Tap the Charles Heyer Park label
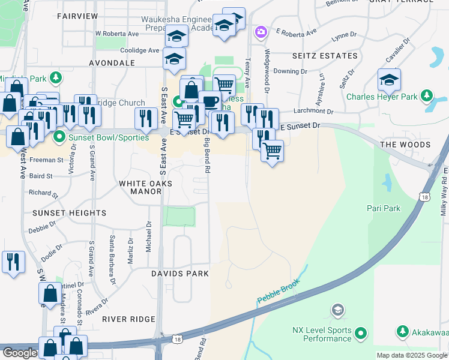pyautogui.click(x=384, y=96)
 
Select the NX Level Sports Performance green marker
pyautogui.click(x=361, y=332)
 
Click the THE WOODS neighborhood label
pyautogui.click(x=405, y=145)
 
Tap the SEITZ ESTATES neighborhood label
pyautogui.click(x=325, y=56)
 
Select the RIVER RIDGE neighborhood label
pyautogui.click(x=128, y=319)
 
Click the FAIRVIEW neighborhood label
pyautogui.click(x=77, y=16)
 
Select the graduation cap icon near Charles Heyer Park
pyautogui.click(x=389, y=79)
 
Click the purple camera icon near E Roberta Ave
pyautogui.click(x=261, y=31)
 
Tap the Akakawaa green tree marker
pyautogui.click(x=402, y=331)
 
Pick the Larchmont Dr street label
pyautogui.click(x=314, y=111)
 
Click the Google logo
pyautogui.click(x=20, y=353)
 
